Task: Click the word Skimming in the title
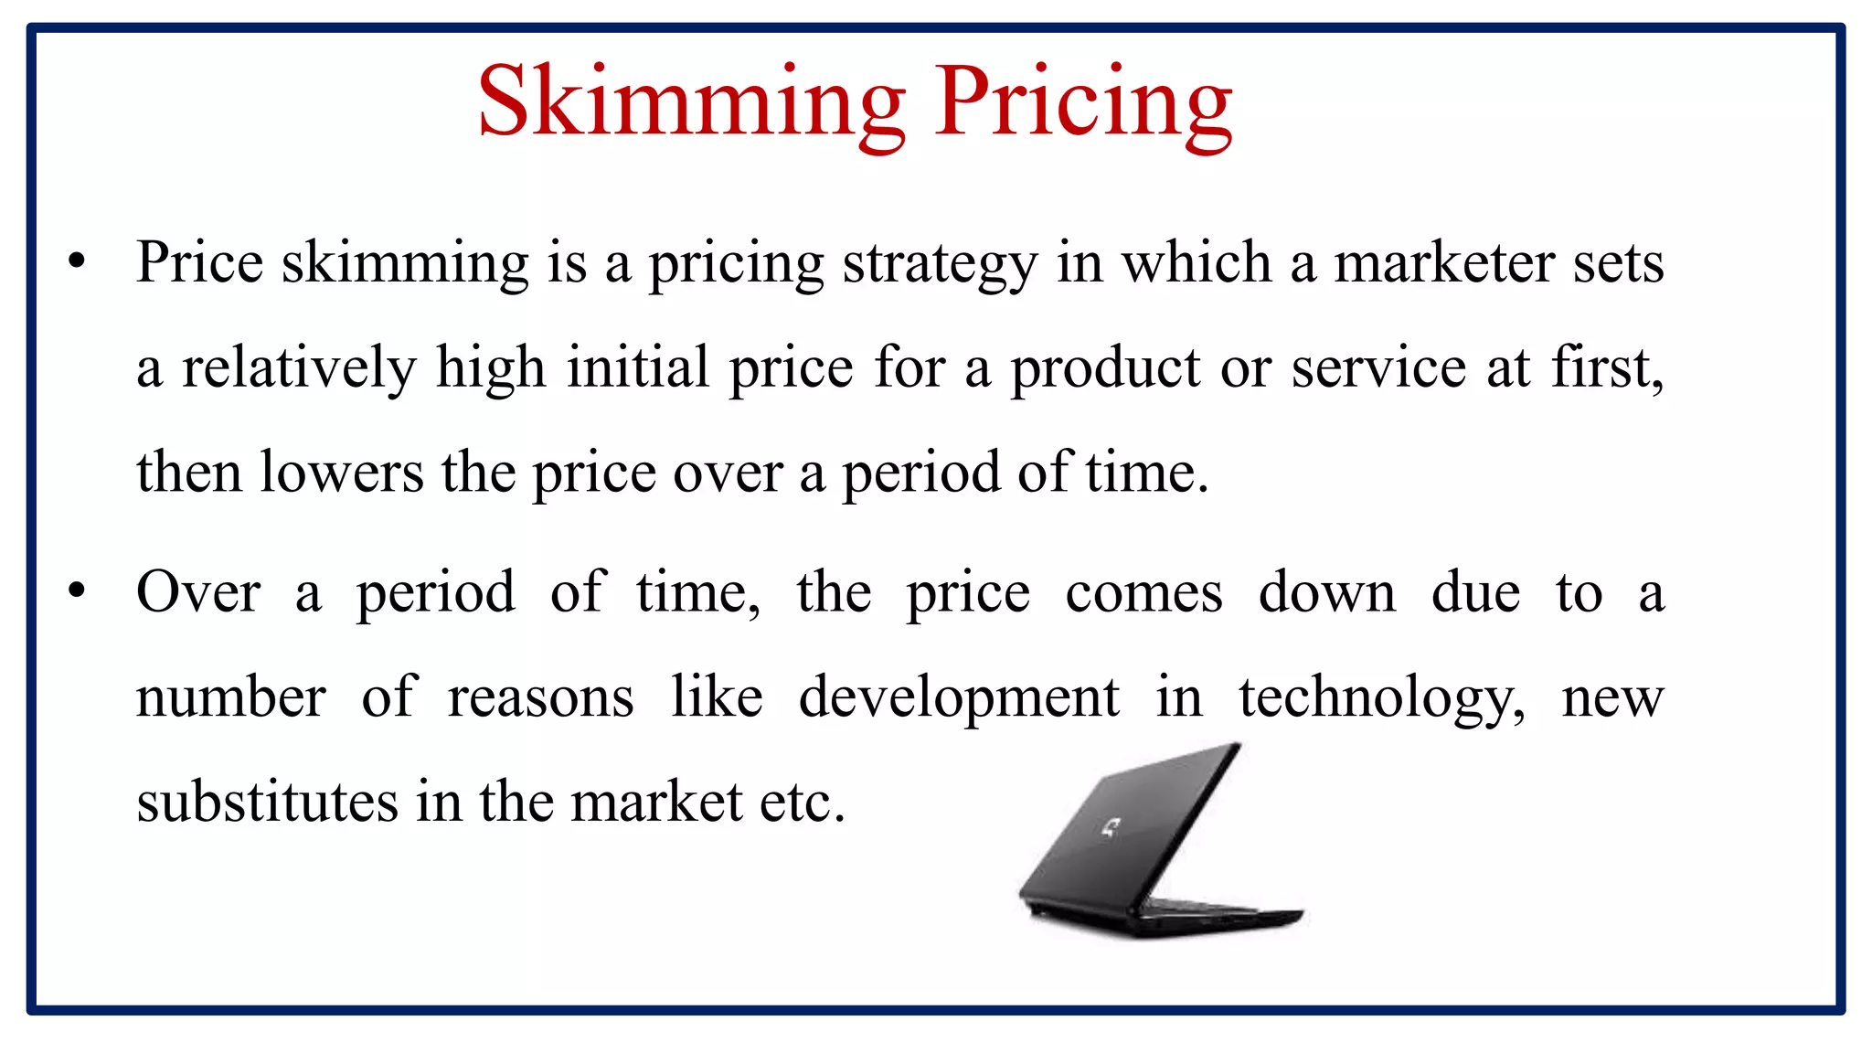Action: click(x=691, y=102)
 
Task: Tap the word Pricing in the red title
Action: click(x=1083, y=102)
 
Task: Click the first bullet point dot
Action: click(x=77, y=261)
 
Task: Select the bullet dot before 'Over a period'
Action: click(x=77, y=591)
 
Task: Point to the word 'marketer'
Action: click(x=1443, y=263)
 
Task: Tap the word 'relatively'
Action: click(x=298, y=368)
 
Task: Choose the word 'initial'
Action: click(x=638, y=367)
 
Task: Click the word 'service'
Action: click(x=1378, y=368)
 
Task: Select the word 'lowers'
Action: click(x=342, y=473)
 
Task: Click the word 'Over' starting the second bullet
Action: click(x=198, y=592)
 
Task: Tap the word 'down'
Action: click(x=1327, y=592)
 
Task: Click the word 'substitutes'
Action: click(x=267, y=802)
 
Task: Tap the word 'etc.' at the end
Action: click(x=803, y=803)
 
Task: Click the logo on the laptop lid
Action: click(x=1111, y=828)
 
